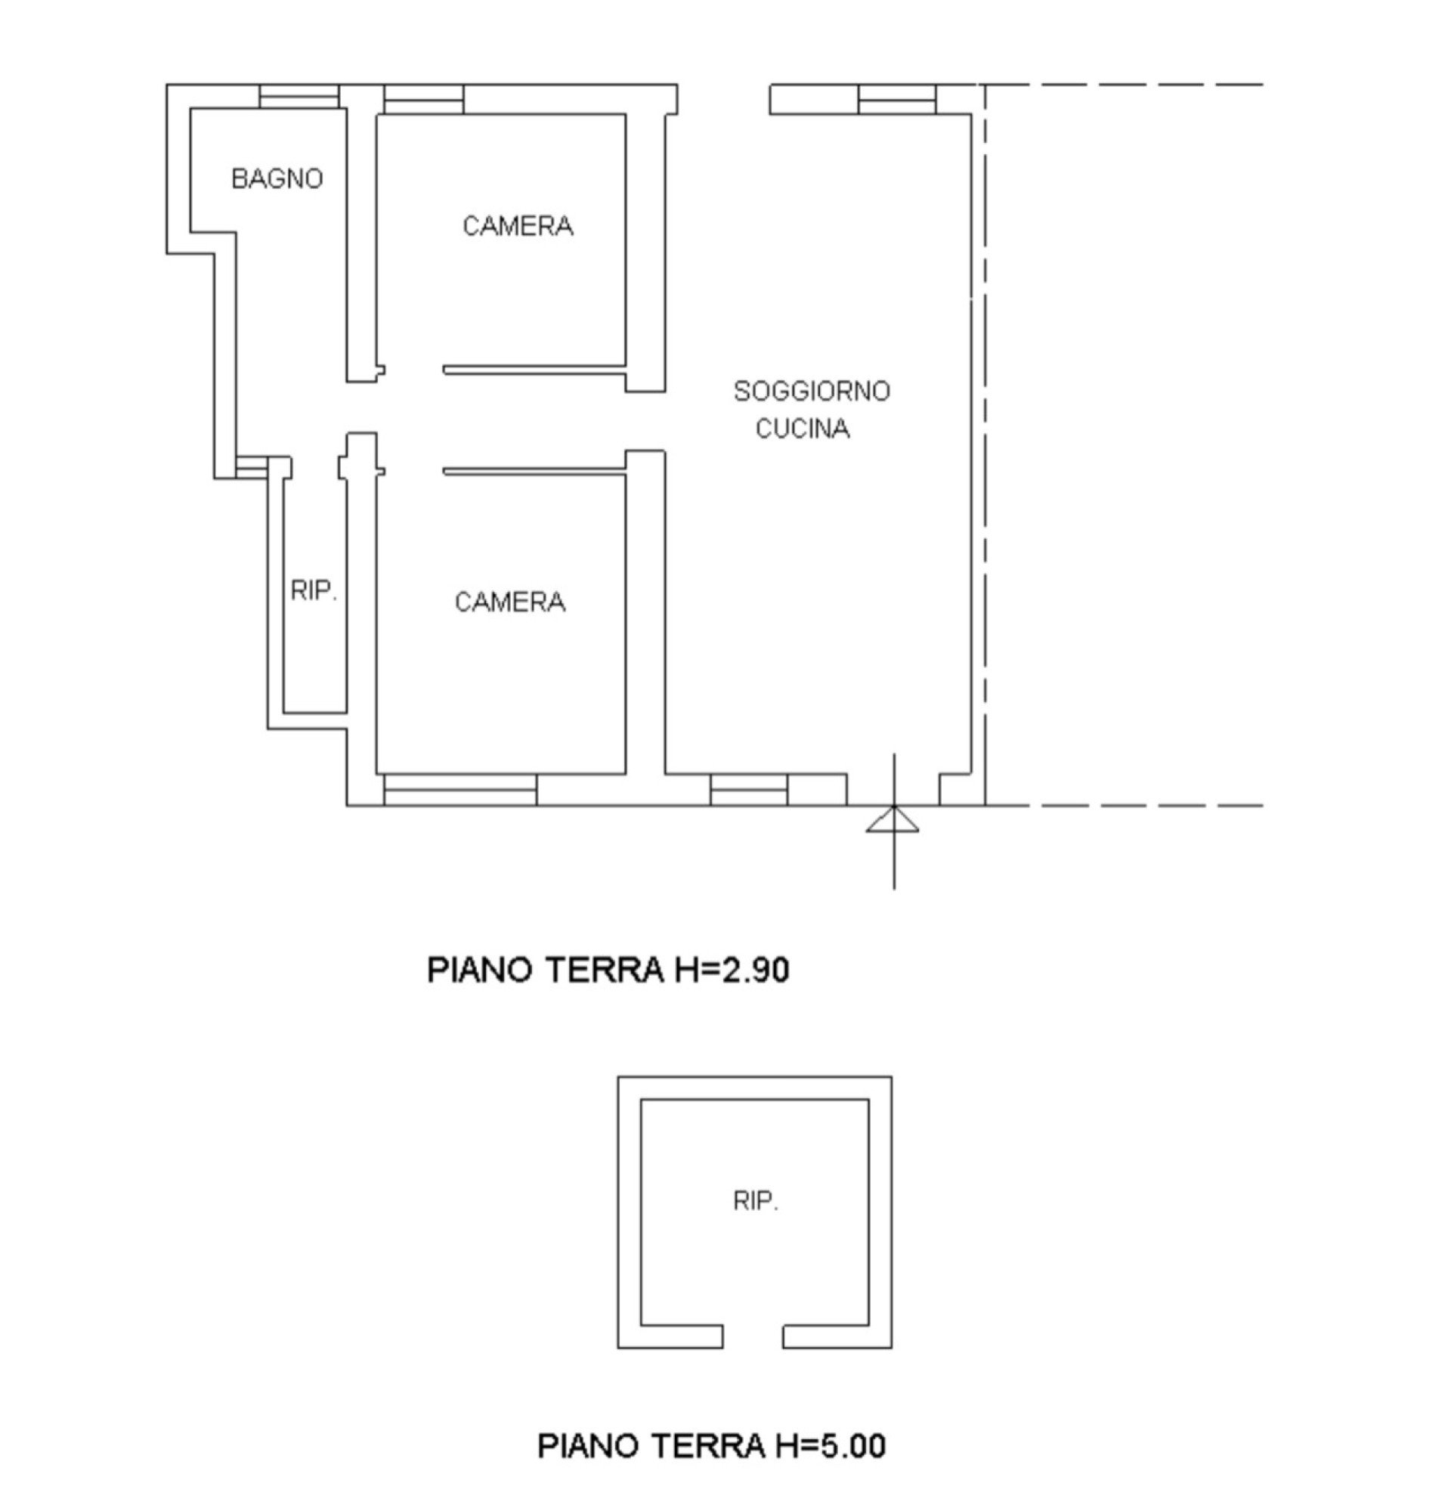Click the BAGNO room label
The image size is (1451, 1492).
pos(277,179)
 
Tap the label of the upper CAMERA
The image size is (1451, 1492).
pos(518,226)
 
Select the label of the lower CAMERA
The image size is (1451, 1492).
pos(510,602)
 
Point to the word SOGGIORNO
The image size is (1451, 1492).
pos(812,392)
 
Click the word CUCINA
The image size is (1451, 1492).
pos(803,429)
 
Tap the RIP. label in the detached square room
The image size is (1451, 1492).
pos(755,1202)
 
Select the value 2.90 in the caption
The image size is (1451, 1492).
pos(753,970)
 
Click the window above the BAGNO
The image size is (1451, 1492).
pos(299,97)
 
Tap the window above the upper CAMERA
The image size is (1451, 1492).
pos(424,100)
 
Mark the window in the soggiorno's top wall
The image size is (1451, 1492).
pos(897,100)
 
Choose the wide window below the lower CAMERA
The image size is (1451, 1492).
pos(460,790)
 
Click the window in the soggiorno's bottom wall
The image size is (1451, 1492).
pos(748,790)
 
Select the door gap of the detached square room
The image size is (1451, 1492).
pos(753,1336)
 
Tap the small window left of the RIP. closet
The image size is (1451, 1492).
pos(252,468)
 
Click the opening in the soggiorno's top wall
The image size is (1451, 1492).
pos(723,100)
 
